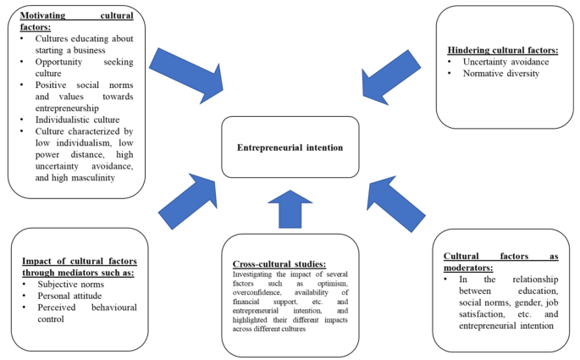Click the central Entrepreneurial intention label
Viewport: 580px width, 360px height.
(x=290, y=147)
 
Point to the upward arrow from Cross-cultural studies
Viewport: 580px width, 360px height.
(x=290, y=208)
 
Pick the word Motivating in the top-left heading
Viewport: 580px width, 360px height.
(x=44, y=14)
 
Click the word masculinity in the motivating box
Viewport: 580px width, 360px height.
(x=84, y=179)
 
